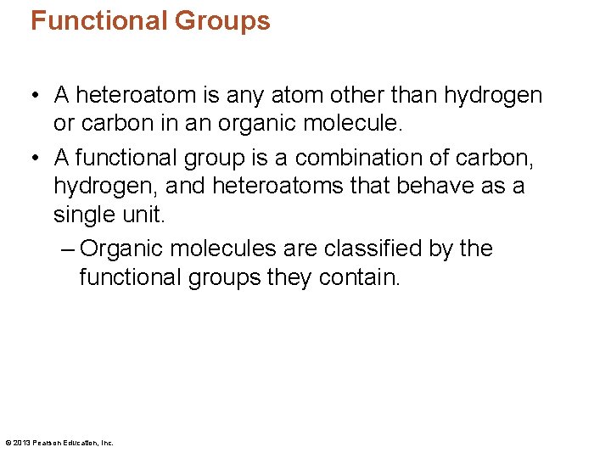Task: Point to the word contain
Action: click(358, 277)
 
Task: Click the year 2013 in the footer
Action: click(21, 443)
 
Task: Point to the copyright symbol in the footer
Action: click(8, 443)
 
